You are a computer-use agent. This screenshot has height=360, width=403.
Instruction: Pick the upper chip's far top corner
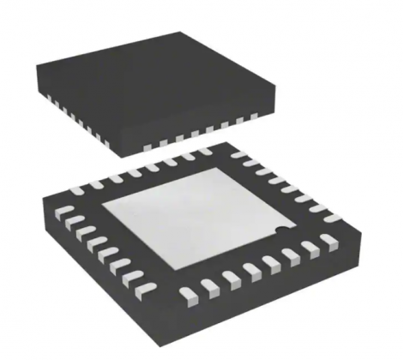pyautogui.click(x=185, y=32)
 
